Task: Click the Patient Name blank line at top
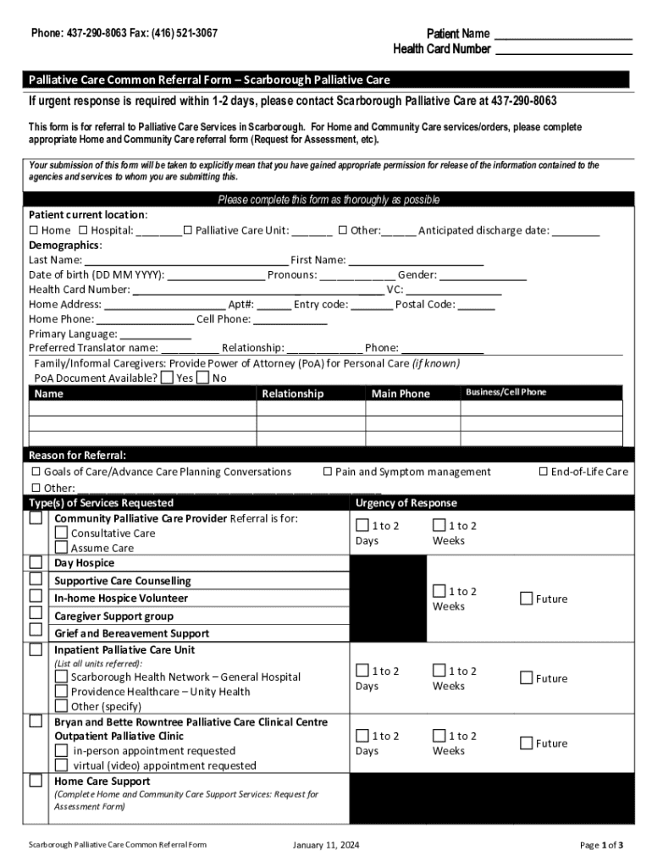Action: pyautogui.click(x=562, y=35)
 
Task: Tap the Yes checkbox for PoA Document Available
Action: pyautogui.click(x=167, y=378)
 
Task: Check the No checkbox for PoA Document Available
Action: pyautogui.click(x=202, y=378)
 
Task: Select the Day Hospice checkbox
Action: pyautogui.click(x=36, y=562)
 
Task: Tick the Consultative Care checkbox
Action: pyautogui.click(x=61, y=533)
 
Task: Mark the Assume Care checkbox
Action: pyautogui.click(x=61, y=548)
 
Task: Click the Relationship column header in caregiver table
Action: pyautogui.click(x=292, y=394)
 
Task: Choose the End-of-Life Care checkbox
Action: pyautogui.click(x=544, y=472)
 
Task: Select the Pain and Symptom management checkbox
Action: pyautogui.click(x=327, y=472)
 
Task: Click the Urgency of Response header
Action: pyautogui.click(x=406, y=503)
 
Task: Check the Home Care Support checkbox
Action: pyautogui.click(x=36, y=781)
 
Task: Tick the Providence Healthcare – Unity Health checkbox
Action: pyautogui.click(x=61, y=691)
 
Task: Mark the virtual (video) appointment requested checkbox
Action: pyautogui.click(x=61, y=765)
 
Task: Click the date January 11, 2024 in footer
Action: pyautogui.click(x=325, y=845)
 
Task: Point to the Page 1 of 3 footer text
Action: pyautogui.click(x=601, y=845)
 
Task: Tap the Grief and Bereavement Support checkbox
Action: pyautogui.click(x=36, y=630)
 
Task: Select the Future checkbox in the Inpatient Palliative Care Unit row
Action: pyautogui.click(x=526, y=677)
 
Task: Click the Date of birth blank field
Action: pyautogui.click(x=215, y=275)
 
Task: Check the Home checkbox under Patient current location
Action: pyautogui.click(x=34, y=230)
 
